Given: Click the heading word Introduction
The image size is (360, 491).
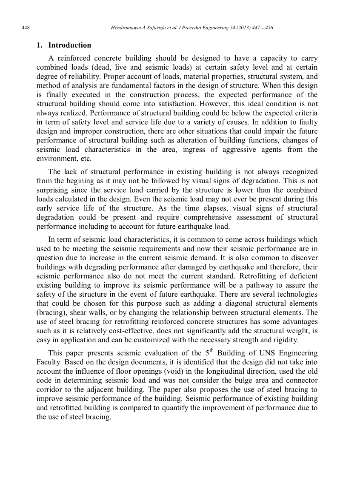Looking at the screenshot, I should click(x=70, y=45).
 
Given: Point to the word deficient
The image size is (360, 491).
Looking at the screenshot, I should click(x=303, y=276).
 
